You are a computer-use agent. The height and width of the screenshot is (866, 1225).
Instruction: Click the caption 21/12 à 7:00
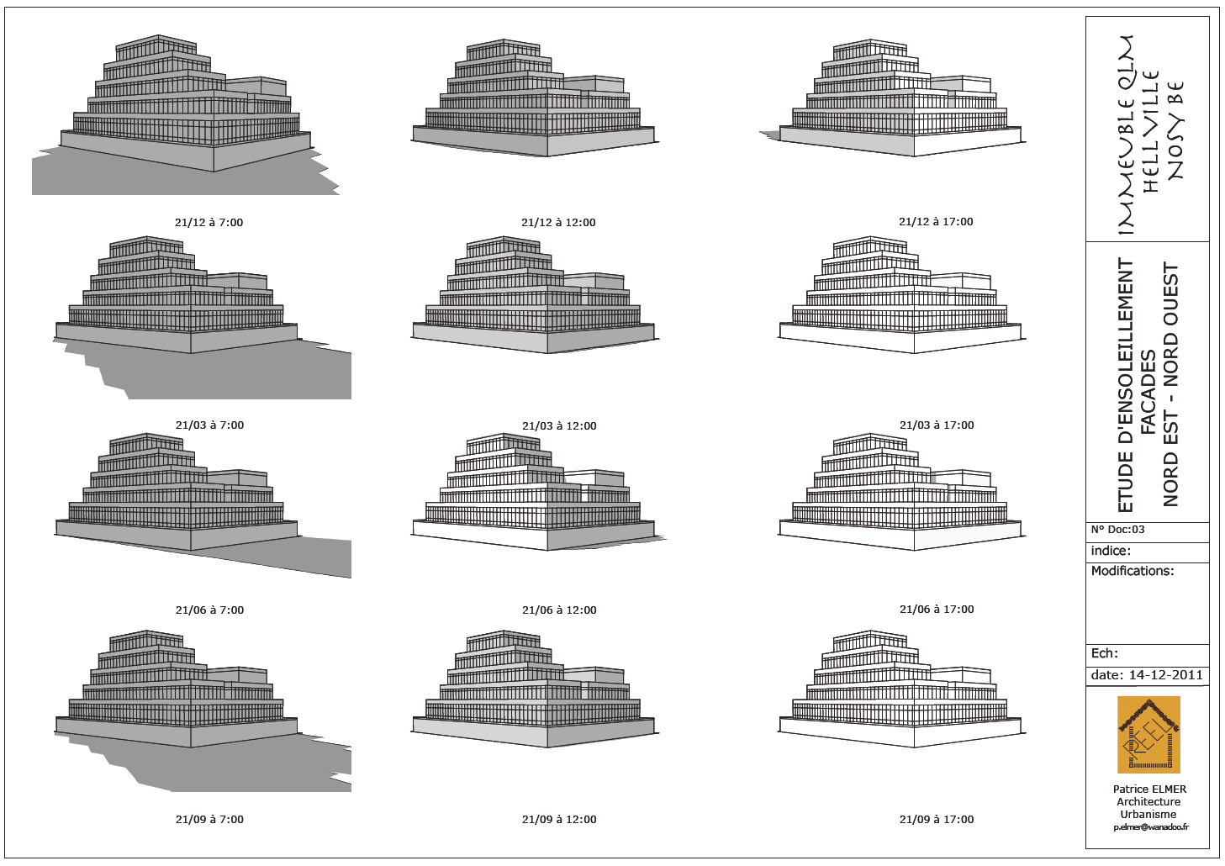point(209,223)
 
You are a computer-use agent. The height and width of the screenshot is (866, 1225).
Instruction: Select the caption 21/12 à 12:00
point(558,223)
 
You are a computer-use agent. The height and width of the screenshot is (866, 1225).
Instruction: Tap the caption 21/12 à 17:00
point(936,222)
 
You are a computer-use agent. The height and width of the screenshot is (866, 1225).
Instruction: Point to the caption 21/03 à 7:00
point(209,425)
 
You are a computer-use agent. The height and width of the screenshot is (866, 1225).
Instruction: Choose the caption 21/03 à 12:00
point(559,426)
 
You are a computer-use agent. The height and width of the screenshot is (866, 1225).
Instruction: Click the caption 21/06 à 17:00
point(937,610)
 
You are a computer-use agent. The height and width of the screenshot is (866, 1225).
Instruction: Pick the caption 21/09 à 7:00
point(209,820)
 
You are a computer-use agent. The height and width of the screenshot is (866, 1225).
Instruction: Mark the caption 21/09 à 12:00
point(559,820)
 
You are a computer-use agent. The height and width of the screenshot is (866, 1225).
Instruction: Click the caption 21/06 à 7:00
point(209,610)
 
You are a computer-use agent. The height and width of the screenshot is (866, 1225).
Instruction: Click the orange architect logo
point(1148,734)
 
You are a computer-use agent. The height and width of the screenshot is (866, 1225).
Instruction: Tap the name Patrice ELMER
point(1149,789)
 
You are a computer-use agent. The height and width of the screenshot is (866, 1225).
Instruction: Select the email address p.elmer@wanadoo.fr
point(1151,828)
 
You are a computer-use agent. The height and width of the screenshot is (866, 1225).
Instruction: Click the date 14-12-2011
point(1165,675)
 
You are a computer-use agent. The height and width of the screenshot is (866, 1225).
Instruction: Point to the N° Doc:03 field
point(1117,530)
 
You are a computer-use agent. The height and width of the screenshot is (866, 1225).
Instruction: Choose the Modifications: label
point(1132,571)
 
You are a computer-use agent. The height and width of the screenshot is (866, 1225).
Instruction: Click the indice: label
point(1110,552)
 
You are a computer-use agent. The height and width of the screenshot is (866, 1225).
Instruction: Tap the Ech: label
point(1104,653)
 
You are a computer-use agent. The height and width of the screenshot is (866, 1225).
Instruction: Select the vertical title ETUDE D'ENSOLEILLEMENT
point(1126,385)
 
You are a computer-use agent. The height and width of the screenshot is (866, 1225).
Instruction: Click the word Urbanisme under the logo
point(1148,815)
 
